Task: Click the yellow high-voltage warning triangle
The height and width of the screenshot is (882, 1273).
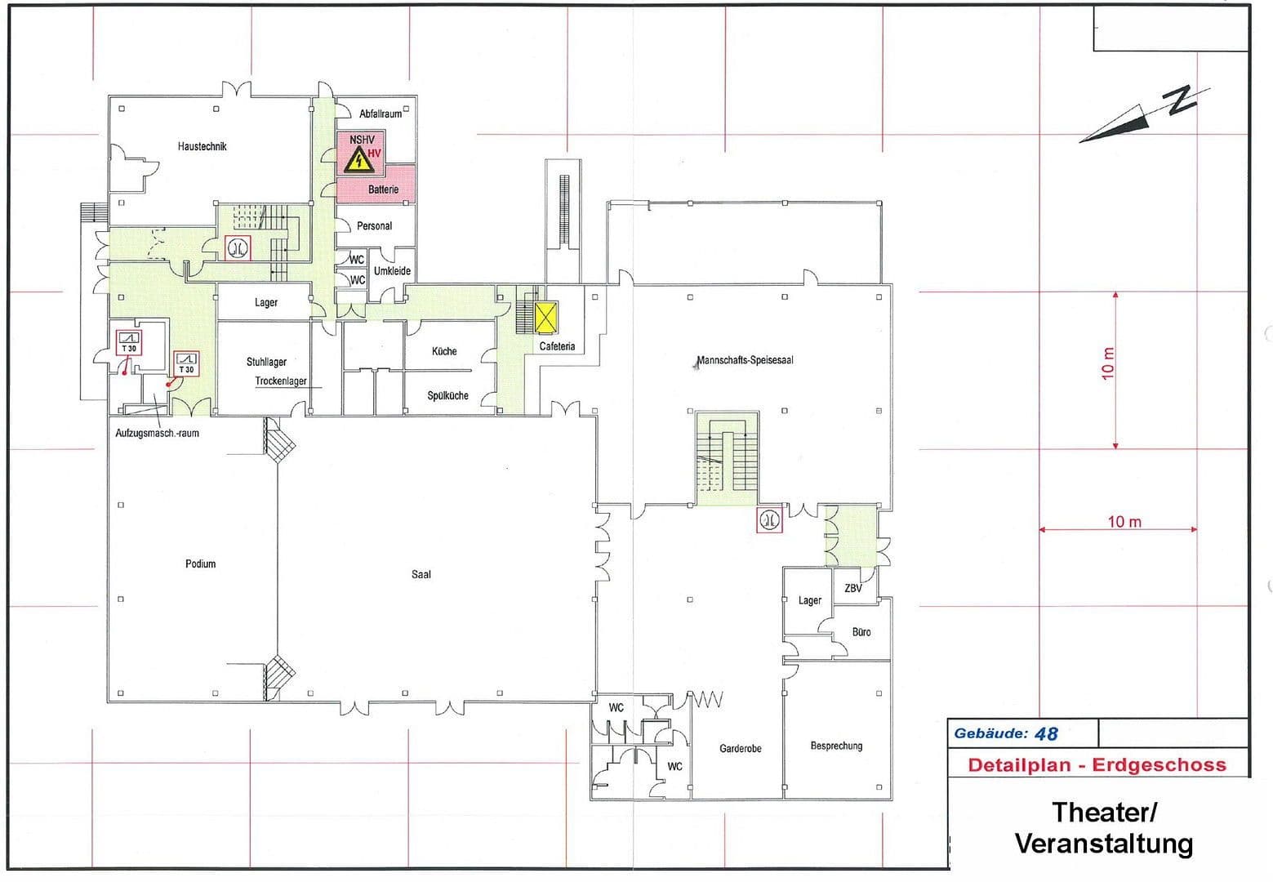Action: click(358, 162)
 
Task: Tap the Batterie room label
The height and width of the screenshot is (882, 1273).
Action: click(383, 189)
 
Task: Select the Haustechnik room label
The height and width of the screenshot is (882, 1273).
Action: click(202, 146)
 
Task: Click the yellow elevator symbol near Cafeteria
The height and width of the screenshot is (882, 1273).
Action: click(545, 318)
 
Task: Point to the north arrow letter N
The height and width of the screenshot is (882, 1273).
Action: click(1182, 99)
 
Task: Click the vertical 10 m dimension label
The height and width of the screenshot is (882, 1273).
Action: click(1108, 363)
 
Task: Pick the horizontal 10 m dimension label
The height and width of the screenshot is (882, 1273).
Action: click(1124, 522)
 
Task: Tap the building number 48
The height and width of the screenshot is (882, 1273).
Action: click(1046, 733)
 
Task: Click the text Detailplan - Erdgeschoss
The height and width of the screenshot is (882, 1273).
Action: click(1097, 765)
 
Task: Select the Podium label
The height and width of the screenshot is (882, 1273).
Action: click(200, 563)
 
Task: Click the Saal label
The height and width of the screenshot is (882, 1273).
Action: click(421, 574)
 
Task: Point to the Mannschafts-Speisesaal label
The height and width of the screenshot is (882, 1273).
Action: click(745, 360)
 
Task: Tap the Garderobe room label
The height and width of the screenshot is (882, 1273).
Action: click(740, 748)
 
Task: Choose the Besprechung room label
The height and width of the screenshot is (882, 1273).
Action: click(836, 746)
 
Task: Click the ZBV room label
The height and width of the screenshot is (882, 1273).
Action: click(852, 588)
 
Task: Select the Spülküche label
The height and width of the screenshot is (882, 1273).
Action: click(447, 395)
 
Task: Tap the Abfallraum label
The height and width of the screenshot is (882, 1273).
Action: click(381, 114)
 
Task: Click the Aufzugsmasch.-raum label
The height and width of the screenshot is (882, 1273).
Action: click(157, 433)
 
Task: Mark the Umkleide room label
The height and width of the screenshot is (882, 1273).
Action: click(392, 270)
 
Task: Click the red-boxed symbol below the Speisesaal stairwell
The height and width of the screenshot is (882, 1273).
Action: click(769, 519)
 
